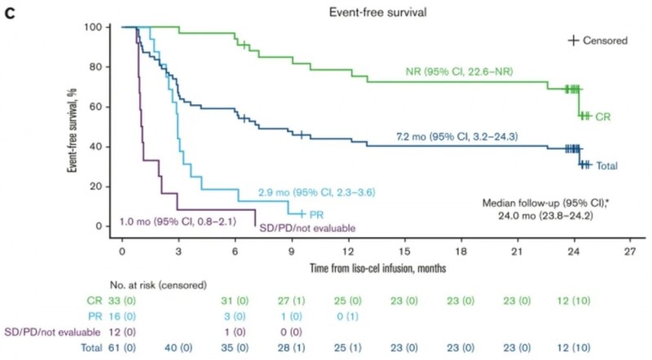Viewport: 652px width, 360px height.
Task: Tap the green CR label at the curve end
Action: (x=602, y=116)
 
